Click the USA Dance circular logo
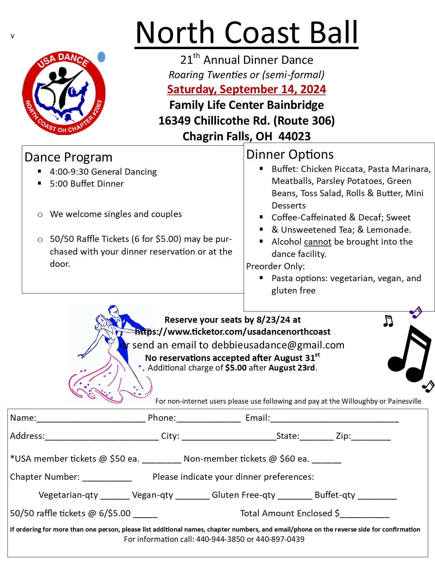(64, 93)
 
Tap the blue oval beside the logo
(101, 57)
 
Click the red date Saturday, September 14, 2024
(246, 89)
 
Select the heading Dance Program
(69, 157)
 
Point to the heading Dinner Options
(290, 155)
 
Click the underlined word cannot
(318, 242)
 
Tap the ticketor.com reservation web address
(233, 332)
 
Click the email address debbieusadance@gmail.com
(278, 345)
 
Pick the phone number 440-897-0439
(280, 539)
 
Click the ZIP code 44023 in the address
(294, 136)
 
